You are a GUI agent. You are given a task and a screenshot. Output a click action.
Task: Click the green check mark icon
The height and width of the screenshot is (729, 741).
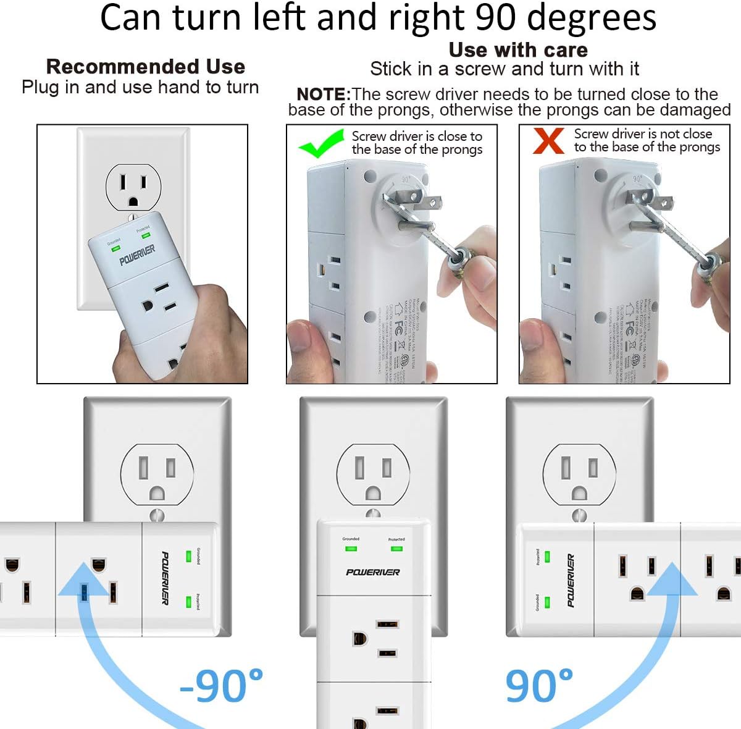[321, 143]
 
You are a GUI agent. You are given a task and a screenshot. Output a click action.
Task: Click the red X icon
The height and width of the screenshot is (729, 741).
[548, 140]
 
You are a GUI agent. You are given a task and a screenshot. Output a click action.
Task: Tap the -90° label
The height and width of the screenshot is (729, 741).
[222, 686]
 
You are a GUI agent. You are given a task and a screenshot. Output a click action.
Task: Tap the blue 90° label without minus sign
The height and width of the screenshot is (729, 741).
[539, 686]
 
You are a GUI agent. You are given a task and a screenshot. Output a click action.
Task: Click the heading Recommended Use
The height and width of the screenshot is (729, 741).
[146, 67]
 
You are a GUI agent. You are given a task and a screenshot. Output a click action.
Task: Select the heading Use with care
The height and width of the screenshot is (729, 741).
[518, 49]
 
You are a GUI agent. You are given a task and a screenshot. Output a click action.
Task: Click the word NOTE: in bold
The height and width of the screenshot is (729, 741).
[324, 95]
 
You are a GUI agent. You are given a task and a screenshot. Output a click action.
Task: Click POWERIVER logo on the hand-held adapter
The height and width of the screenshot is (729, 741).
[137, 254]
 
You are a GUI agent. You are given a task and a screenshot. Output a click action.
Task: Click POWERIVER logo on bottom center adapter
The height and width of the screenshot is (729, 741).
[373, 572]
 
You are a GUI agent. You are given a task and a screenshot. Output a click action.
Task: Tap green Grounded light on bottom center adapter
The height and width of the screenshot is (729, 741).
[351, 548]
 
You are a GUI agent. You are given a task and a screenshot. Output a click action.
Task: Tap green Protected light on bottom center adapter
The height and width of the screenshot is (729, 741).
[396, 548]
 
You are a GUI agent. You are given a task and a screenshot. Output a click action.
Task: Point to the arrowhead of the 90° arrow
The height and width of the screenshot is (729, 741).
[671, 578]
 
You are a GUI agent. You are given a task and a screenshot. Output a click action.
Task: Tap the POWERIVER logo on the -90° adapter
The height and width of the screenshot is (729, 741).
[165, 578]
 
